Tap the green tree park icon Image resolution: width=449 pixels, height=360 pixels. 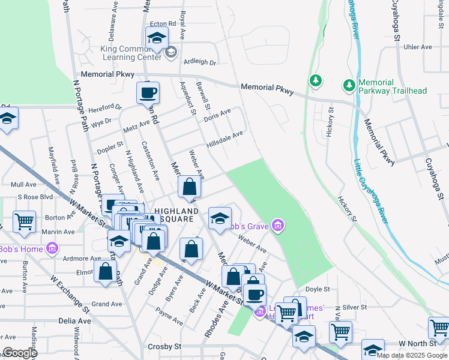(315, 80)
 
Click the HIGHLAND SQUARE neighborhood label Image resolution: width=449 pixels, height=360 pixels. (176, 215)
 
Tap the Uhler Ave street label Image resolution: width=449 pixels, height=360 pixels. (418, 47)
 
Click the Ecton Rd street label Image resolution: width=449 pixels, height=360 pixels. (163, 23)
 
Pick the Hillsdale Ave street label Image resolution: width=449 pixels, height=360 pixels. (224, 140)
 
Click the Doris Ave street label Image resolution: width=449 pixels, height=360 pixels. (217, 116)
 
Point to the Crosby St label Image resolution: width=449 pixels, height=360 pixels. (164, 347)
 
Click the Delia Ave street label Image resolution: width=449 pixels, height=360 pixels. (75, 321)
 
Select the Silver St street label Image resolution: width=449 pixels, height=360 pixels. (355, 307)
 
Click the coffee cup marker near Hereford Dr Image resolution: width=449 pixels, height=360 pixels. (148, 93)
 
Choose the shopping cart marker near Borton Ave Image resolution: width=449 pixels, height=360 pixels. (24, 221)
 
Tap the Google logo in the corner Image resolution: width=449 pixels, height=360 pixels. (20, 353)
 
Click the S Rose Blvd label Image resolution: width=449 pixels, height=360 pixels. (35, 197)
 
